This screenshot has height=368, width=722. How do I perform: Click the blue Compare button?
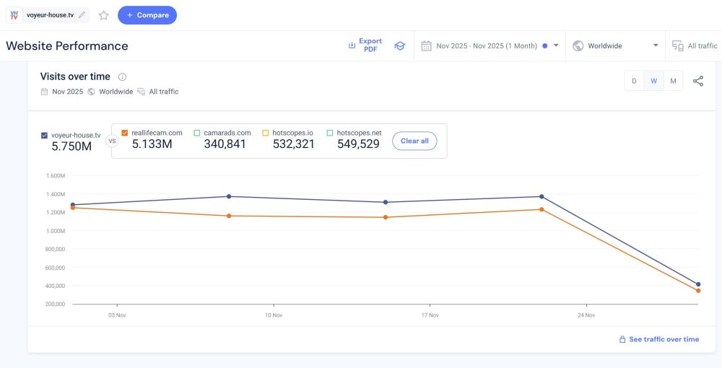tap(147, 15)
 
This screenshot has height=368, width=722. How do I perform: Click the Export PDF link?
tap(365, 45)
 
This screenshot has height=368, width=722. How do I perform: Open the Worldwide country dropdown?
tap(616, 45)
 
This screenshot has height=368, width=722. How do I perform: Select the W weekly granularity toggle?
tap(653, 81)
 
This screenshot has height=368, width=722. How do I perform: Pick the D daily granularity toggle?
tap(634, 81)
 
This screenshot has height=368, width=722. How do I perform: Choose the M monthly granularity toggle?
tap(673, 81)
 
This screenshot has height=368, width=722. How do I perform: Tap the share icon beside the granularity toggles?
tap(698, 81)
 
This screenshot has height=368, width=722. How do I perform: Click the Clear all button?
tap(414, 141)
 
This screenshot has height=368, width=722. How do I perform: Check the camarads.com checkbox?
tap(197, 133)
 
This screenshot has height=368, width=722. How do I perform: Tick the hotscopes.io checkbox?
tap(266, 133)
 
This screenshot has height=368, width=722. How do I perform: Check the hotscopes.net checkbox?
tap(330, 133)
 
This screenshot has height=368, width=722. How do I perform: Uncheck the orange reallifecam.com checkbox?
tap(125, 133)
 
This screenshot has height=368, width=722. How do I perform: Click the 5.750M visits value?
tap(71, 146)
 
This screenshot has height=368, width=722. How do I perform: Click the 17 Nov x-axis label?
tap(430, 315)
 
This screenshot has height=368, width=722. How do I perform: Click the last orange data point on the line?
tap(698, 291)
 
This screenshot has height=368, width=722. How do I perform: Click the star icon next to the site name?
tap(103, 15)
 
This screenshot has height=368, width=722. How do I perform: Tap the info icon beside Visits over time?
tap(122, 76)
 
